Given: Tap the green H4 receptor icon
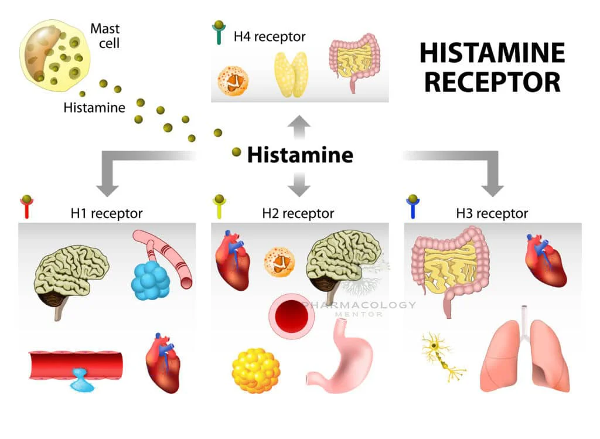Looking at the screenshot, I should click(219, 34).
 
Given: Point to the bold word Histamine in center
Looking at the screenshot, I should click(300, 155).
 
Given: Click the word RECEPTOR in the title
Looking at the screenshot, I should click(492, 81).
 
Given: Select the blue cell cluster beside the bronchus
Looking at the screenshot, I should click(151, 280).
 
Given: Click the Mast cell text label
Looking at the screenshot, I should click(105, 35).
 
